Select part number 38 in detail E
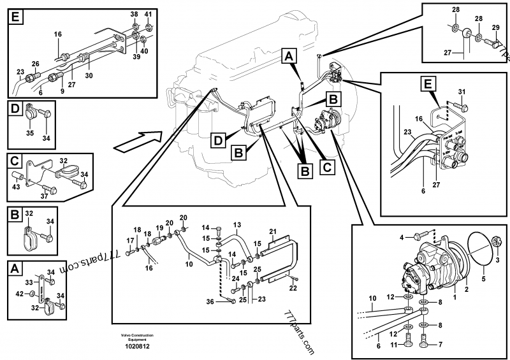click(134, 13)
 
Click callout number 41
click(148, 13)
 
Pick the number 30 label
click(89, 75)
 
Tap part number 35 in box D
click(29, 134)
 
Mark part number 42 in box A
click(18, 293)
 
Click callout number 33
click(29, 282)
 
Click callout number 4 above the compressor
click(402, 238)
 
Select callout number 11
click(393, 344)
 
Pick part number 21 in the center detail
click(272, 230)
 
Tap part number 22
click(293, 288)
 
